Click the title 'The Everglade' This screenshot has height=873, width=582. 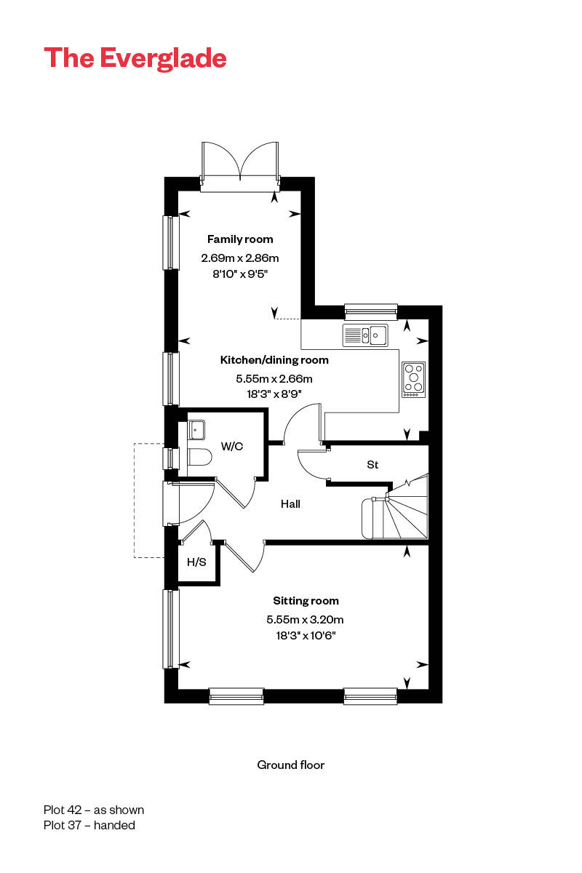(x=135, y=58)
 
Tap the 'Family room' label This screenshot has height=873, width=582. (x=240, y=239)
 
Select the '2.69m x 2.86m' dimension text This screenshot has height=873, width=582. (x=240, y=258)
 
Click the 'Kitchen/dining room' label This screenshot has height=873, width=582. (x=274, y=360)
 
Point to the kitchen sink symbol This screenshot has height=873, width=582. (x=365, y=335)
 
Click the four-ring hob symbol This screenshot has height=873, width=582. (x=414, y=379)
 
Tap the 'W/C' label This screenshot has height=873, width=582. (x=232, y=447)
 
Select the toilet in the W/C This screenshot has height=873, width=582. (x=199, y=457)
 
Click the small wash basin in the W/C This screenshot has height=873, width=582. (x=196, y=429)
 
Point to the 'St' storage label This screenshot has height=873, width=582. (x=372, y=465)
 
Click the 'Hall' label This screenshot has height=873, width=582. (x=290, y=504)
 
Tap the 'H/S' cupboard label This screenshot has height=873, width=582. (x=196, y=562)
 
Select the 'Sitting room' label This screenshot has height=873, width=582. (x=306, y=601)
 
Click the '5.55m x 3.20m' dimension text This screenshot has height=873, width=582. (x=305, y=619)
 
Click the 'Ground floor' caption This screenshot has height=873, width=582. (x=291, y=765)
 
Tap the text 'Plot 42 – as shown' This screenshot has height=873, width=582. (x=94, y=810)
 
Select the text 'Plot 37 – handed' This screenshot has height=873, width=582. (x=89, y=825)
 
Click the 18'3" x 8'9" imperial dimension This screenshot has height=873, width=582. (x=274, y=394)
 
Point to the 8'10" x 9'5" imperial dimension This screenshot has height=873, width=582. (x=240, y=274)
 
